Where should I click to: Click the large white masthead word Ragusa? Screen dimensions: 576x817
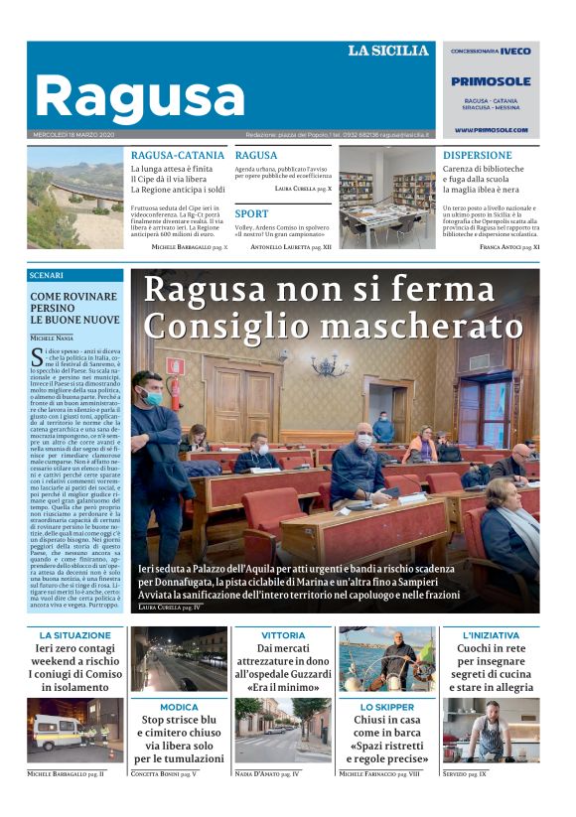(x=139, y=97)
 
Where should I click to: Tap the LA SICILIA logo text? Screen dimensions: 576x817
(x=387, y=51)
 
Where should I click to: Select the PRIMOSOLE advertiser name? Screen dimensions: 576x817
(x=491, y=81)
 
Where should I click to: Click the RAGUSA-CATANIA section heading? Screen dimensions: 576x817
(x=178, y=156)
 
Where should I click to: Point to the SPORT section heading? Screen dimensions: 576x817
(x=251, y=213)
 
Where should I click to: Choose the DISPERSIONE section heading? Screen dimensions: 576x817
(x=477, y=156)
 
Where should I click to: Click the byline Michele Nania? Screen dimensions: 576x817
(x=52, y=339)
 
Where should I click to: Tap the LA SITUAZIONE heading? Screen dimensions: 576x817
(x=75, y=634)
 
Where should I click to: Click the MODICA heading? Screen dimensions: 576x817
(x=179, y=707)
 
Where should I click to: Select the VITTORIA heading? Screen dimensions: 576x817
(x=283, y=634)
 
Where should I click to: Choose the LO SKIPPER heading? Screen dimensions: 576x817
(x=386, y=707)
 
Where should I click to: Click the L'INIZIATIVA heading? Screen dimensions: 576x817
(x=491, y=634)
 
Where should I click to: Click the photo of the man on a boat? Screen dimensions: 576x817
(x=386, y=659)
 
